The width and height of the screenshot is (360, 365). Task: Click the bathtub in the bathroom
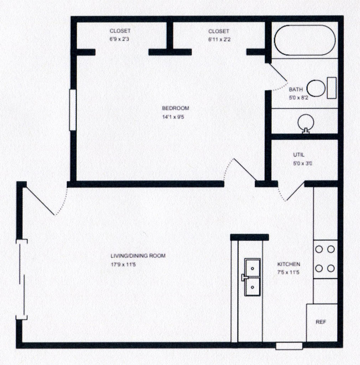tap(305, 40)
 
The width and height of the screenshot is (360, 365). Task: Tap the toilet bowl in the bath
tap(316, 88)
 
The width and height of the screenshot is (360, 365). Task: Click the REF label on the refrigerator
tap(321, 322)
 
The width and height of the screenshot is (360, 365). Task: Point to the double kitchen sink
tap(252, 277)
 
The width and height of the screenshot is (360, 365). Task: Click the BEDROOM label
tap(176, 108)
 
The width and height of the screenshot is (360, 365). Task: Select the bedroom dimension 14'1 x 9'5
tap(173, 117)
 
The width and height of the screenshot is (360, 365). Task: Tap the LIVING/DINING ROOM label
tap(138, 256)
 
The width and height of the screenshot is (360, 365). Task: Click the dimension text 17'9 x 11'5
tap(123, 264)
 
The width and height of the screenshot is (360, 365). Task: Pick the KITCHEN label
tap(288, 264)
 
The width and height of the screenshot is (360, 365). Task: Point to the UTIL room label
tap(299, 155)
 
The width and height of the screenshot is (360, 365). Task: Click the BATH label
tap(296, 89)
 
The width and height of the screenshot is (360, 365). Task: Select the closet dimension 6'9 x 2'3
tap(119, 39)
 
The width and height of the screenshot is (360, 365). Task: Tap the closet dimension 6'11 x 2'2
tap(219, 39)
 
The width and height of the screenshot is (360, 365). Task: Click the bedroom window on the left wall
tap(73, 110)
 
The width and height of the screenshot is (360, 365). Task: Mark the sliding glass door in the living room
tap(22, 279)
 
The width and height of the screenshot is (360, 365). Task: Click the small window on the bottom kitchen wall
tap(289, 346)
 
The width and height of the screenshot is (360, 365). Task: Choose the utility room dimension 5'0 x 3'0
tap(303, 163)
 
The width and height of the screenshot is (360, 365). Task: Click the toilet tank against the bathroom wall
tap(332, 88)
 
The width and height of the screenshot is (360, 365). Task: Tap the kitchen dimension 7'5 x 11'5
tap(288, 272)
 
